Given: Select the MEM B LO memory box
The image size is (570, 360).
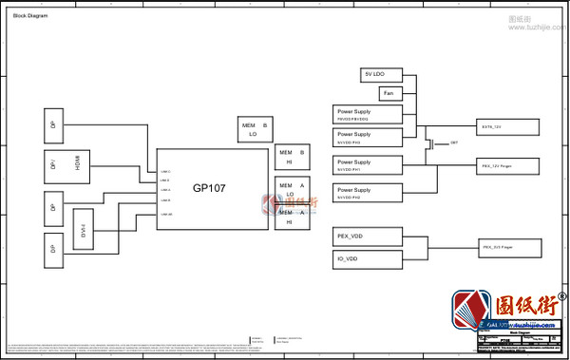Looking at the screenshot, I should coord(254,129).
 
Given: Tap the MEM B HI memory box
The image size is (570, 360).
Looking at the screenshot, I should coord(290,157).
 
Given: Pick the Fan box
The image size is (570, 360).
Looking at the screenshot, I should coord(389,93).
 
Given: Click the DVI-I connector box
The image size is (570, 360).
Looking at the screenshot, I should coord(83,227).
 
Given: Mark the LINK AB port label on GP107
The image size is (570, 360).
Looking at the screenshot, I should coord(167,215).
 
